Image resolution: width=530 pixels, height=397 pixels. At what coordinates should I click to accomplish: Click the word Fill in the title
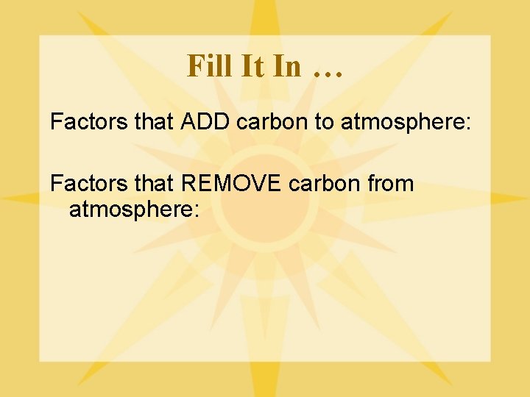[208, 66]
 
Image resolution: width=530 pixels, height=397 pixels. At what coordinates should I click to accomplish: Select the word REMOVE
[231, 184]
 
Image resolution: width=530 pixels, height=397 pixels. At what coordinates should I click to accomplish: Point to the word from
[389, 184]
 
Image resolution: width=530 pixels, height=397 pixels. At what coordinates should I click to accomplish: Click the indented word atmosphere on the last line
[130, 210]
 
